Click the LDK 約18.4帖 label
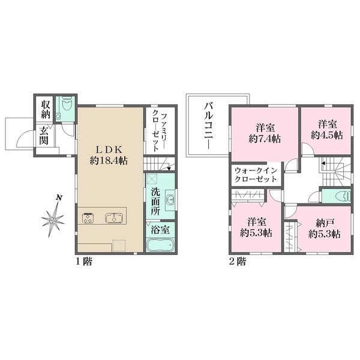pyautogui.click(x=109, y=155)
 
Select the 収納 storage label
pyautogui.click(x=46, y=109)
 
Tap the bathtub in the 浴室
pyautogui.click(x=160, y=245)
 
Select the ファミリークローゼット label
pyautogui.click(x=159, y=132)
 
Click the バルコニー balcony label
pyautogui.click(x=209, y=126)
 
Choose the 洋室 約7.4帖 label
pyautogui.click(x=265, y=133)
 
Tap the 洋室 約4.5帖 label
pyautogui.click(x=327, y=130)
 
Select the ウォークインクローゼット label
pyautogui.click(x=256, y=175)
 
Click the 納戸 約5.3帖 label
pyautogui.click(x=324, y=229)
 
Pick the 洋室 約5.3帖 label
pyautogui.click(x=256, y=228)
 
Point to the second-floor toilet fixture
pyautogui.click(x=343, y=196)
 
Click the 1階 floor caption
pyautogui.click(x=84, y=261)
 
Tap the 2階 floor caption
pyautogui.click(x=238, y=261)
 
